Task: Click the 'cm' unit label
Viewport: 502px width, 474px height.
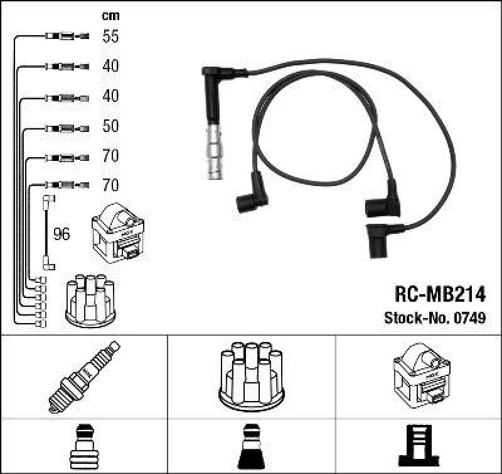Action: coord(110,16)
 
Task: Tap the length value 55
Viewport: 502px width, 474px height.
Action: coord(110,36)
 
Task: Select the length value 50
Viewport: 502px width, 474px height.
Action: coord(110,126)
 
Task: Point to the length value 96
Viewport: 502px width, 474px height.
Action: coord(61,234)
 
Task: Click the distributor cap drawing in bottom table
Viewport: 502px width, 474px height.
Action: coord(252,375)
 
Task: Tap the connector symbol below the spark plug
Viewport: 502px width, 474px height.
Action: coord(83,447)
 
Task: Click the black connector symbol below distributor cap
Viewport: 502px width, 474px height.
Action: coord(252,447)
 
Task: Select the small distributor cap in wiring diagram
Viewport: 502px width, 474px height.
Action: coord(91,300)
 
